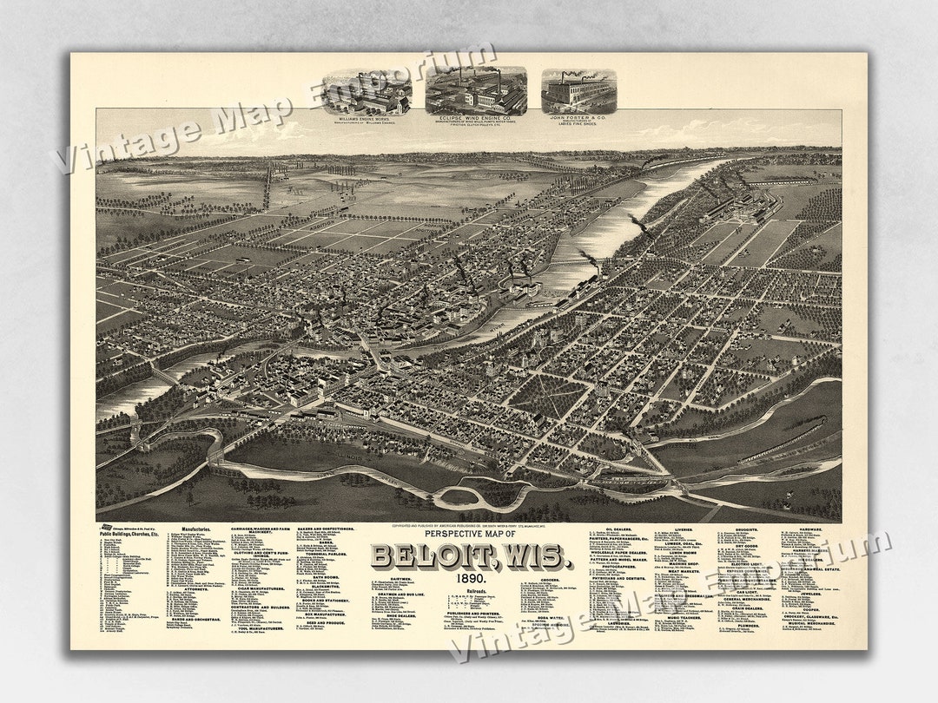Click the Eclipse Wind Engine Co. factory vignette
[476, 89]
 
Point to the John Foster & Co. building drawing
[578, 90]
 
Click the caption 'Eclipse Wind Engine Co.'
[476, 119]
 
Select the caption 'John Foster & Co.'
[578, 118]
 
